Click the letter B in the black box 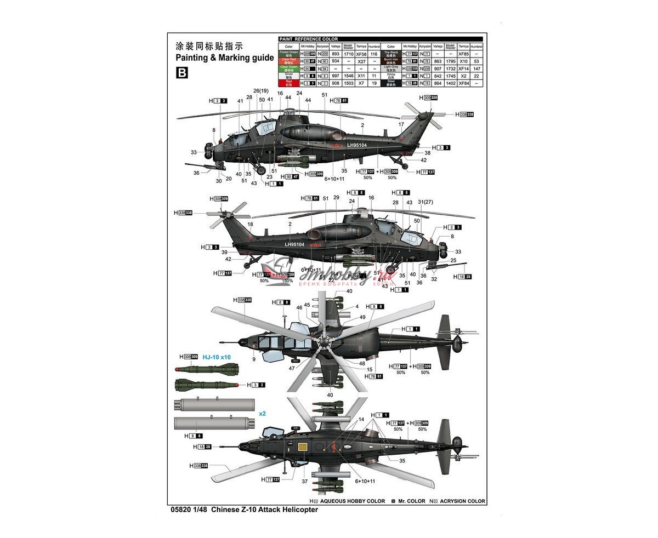point(181,72)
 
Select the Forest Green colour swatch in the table point(288,54)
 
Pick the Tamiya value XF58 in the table point(361,54)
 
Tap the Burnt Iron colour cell point(391,61)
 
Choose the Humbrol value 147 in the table point(477,68)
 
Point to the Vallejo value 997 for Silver point(336,76)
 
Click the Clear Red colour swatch point(288,61)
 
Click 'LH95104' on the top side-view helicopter point(356,145)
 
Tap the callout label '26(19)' point(261,91)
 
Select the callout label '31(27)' point(426,203)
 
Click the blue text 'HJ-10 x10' point(217,357)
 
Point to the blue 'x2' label point(263,414)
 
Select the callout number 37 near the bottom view point(304,482)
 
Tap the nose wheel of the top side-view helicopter point(261,170)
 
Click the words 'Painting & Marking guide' point(224,58)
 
